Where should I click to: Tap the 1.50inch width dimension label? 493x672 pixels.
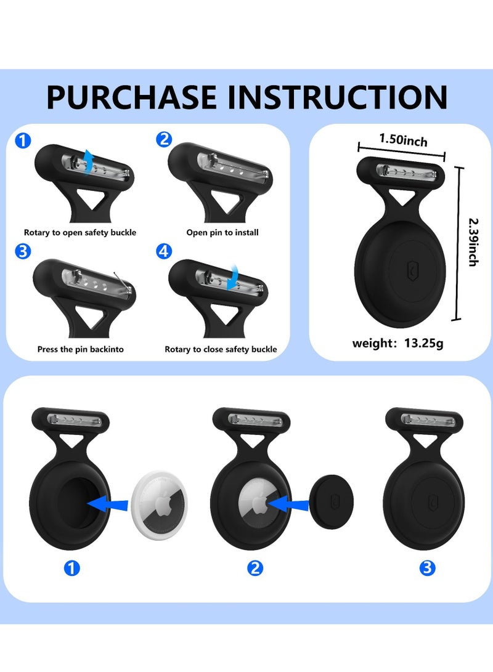pyautogui.click(x=403, y=140)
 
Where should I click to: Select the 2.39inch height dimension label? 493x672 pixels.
pyautogui.click(x=473, y=241)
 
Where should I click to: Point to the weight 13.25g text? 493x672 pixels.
pyautogui.click(x=397, y=343)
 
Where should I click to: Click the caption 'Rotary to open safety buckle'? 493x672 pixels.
pyautogui.click(x=80, y=233)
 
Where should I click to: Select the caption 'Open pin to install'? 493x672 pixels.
pyautogui.click(x=222, y=233)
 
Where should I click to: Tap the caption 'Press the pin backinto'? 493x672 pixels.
pyautogui.click(x=81, y=349)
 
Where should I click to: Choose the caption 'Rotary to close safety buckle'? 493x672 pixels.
pyautogui.click(x=221, y=349)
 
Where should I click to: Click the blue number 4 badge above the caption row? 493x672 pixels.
pyautogui.click(x=163, y=252)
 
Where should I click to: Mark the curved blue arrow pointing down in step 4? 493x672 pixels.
pyautogui.click(x=233, y=277)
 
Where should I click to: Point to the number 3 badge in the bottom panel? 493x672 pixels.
pyautogui.click(x=427, y=569)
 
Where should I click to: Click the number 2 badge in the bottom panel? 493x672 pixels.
pyautogui.click(x=255, y=569)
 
